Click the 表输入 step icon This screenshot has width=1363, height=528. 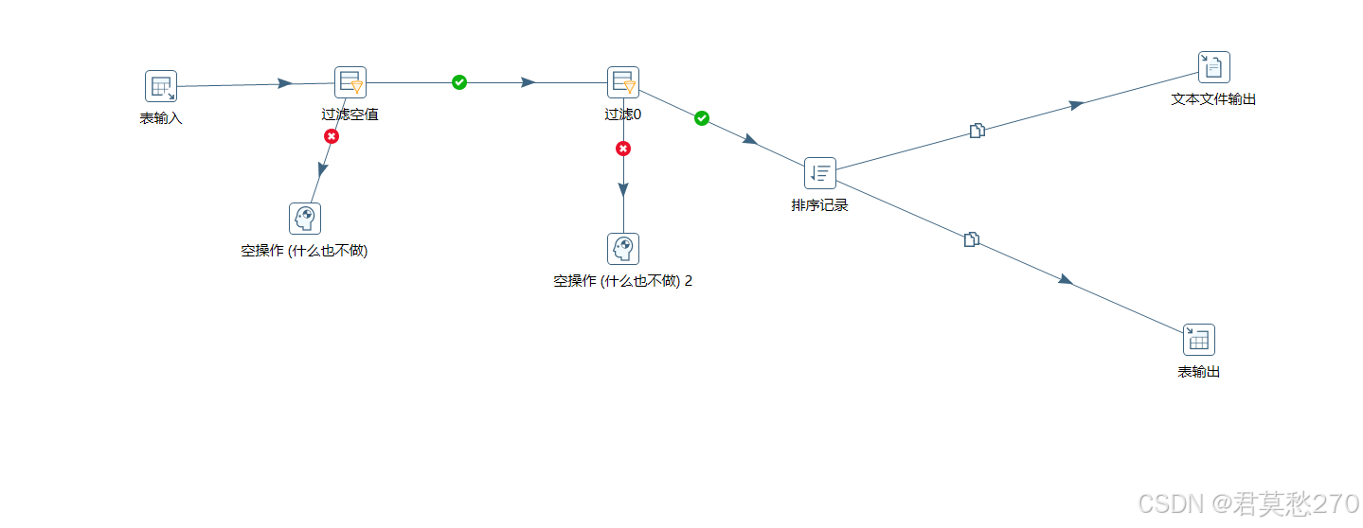tap(161, 86)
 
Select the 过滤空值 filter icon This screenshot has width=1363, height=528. tap(350, 82)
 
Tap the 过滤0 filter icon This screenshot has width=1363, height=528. tap(623, 82)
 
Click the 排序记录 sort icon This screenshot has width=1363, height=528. tap(820, 173)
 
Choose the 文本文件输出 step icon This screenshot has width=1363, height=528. tap(1213, 67)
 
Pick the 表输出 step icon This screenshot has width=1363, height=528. tap(1198, 340)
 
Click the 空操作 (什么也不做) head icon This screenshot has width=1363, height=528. tap(305, 219)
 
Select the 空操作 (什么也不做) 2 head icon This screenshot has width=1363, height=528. tap(623, 249)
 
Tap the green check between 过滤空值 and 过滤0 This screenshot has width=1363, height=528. tap(459, 82)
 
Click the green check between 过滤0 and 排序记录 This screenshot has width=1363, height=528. tap(702, 118)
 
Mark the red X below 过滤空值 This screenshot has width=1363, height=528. tap(332, 136)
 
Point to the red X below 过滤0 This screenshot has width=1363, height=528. tap(623, 149)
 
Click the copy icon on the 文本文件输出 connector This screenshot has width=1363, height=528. tap(977, 131)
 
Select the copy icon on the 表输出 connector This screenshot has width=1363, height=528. tap(971, 239)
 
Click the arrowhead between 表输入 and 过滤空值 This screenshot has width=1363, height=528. tap(284, 83)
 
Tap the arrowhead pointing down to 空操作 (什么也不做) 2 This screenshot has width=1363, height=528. tap(623, 189)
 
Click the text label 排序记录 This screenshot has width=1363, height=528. tap(820, 204)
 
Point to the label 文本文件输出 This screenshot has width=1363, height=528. tap(1213, 98)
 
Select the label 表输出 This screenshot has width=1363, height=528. tap(1199, 372)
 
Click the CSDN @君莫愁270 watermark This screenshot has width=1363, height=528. tap(1247, 503)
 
